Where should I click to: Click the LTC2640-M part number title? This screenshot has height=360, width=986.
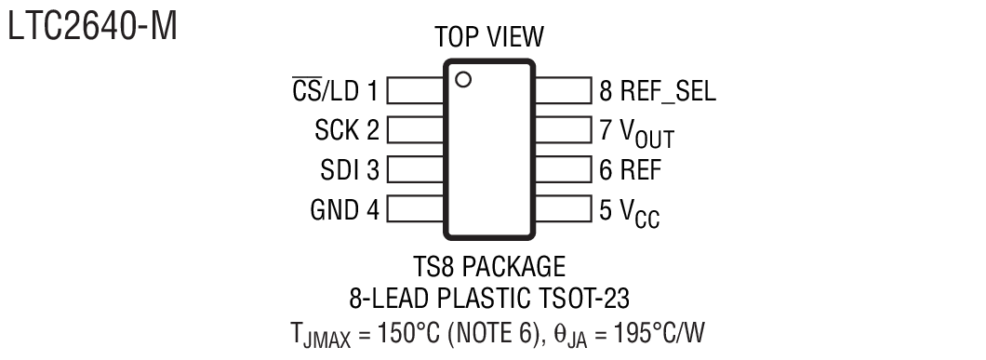pyautogui.click(x=92, y=27)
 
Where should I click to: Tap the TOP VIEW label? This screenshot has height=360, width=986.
pyautogui.click(x=489, y=37)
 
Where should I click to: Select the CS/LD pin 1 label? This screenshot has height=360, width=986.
pyautogui.click(x=334, y=90)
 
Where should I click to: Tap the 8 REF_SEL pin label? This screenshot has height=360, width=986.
pyautogui.click(x=658, y=90)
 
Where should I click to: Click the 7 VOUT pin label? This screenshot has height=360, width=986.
pyautogui.click(x=636, y=133)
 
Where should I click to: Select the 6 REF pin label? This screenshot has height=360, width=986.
pyautogui.click(x=630, y=170)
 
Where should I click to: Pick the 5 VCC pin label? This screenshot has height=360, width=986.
pyautogui.click(x=630, y=213)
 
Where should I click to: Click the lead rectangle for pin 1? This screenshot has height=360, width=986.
pyautogui.click(x=415, y=90)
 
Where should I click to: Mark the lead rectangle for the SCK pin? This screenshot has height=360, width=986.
pyautogui.click(x=415, y=130)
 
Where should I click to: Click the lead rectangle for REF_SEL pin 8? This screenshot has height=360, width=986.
pyautogui.click(x=564, y=90)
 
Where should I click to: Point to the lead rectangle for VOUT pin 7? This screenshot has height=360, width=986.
pyautogui.click(x=564, y=130)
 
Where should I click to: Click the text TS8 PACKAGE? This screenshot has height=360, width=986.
pyautogui.click(x=489, y=268)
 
